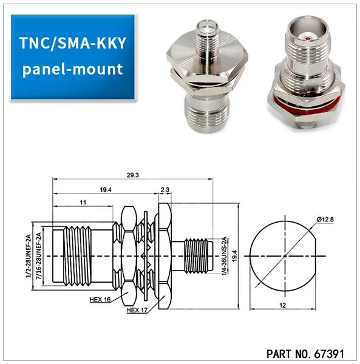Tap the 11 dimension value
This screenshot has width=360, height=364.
click(83, 201)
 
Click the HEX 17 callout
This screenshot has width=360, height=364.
click(138, 311)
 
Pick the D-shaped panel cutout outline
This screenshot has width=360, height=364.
click(285, 256)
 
